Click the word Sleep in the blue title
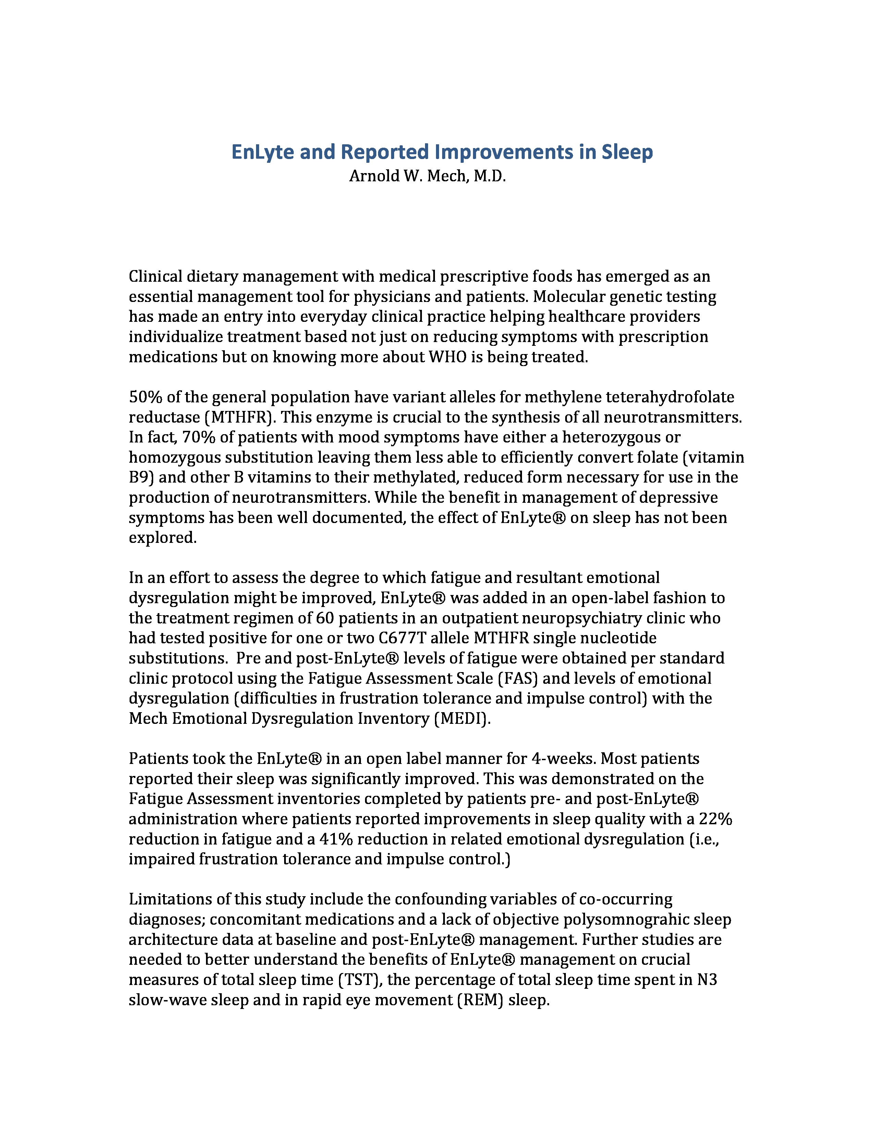click(x=627, y=152)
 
